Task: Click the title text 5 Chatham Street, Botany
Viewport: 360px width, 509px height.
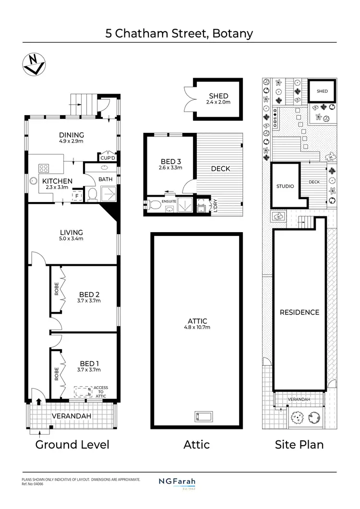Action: [180, 34]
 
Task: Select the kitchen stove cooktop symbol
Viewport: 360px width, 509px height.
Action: [44, 168]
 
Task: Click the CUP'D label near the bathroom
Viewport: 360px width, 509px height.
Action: [108, 158]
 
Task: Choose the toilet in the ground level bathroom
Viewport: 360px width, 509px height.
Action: [94, 194]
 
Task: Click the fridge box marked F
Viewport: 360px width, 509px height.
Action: [76, 196]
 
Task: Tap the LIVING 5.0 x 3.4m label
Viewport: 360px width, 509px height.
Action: [72, 235]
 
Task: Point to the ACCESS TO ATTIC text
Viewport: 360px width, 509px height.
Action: [101, 391]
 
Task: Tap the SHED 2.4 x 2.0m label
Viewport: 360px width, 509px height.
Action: [219, 99]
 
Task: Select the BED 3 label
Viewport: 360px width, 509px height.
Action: [170, 164]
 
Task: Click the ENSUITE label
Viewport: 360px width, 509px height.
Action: [168, 201]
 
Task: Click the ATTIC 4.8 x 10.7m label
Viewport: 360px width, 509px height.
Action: [196, 324]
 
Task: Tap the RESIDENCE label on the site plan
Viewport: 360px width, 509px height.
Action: [299, 312]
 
